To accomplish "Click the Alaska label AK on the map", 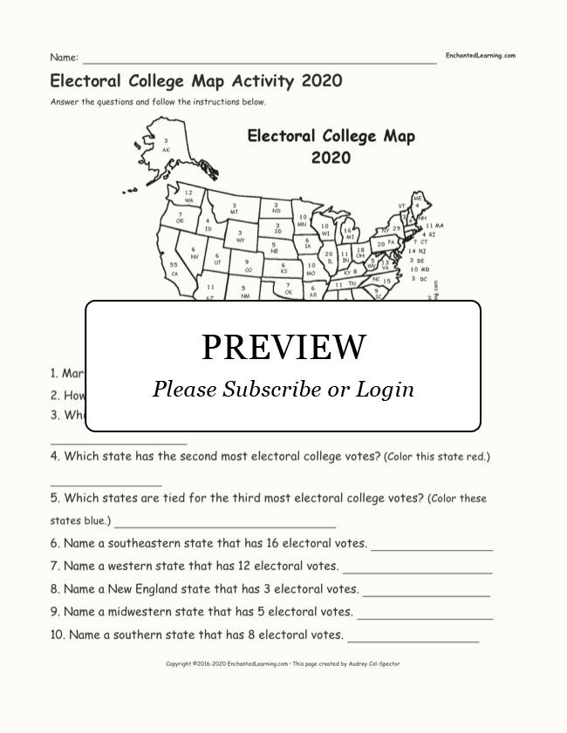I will (x=166, y=149).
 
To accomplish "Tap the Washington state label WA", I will (x=188, y=200).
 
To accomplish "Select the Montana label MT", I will (x=234, y=212).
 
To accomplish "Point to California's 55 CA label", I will (x=174, y=273).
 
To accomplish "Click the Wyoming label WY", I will (x=240, y=240).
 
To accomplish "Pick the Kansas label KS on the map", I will (x=283, y=272).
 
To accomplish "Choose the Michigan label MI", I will (x=349, y=236).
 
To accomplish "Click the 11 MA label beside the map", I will (x=434, y=226).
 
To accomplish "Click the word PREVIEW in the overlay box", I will (x=283, y=347).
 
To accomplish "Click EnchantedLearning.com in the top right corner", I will (x=481, y=56).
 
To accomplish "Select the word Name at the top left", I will (x=63, y=58).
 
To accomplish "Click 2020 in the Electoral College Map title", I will (x=331, y=158).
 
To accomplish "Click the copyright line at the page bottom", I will (x=283, y=664).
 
